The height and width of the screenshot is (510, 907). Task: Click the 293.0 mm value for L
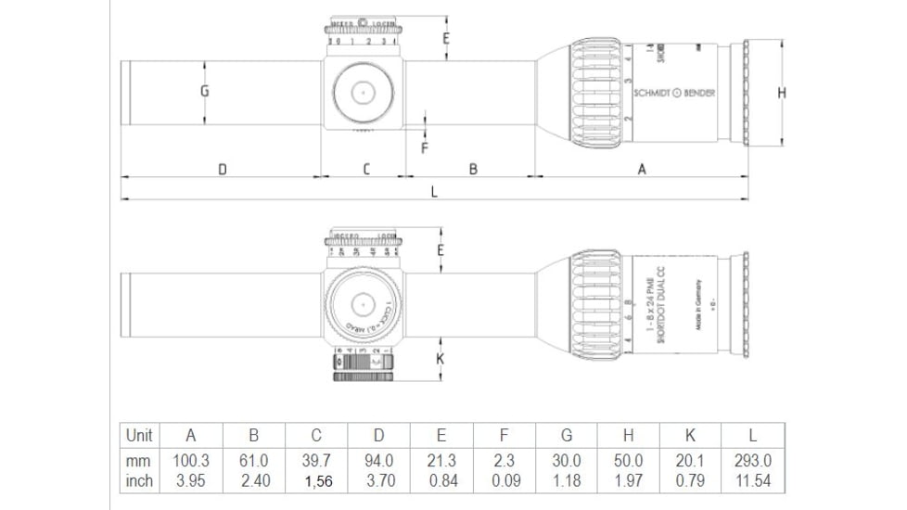tap(752, 461)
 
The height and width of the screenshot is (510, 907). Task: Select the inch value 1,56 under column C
tap(316, 481)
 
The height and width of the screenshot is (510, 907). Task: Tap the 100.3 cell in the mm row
tap(191, 461)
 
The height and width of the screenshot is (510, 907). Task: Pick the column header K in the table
tap(690, 435)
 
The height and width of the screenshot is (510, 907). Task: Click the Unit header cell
tap(139, 435)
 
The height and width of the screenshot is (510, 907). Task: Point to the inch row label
tap(139, 481)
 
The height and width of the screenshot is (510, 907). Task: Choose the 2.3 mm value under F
tap(504, 461)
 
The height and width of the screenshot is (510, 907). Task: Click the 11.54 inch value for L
tap(752, 481)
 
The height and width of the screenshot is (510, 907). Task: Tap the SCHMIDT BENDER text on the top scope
tap(674, 93)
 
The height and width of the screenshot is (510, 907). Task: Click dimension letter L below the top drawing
tap(433, 192)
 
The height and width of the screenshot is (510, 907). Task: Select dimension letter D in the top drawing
tap(223, 169)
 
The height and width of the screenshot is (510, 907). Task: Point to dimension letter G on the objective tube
tap(204, 91)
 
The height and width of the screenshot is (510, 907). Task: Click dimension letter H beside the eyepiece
tap(782, 92)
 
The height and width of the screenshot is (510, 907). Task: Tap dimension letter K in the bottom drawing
tap(441, 357)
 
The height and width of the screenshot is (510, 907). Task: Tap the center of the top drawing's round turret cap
tap(363, 92)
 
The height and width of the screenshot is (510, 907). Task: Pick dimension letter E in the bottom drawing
tap(441, 250)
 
